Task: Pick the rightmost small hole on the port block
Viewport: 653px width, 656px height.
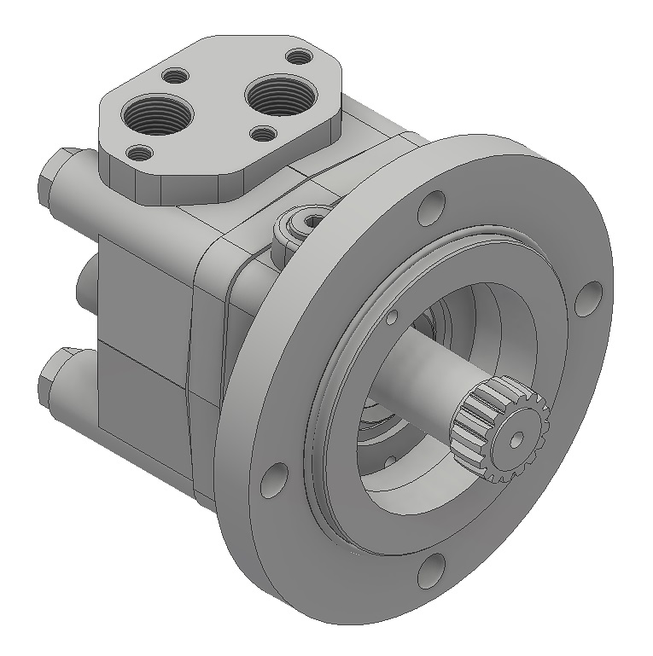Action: coord(299,57)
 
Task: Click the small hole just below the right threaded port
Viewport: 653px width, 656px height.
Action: coord(265,134)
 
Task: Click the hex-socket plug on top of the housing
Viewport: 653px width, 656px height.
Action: coord(300,225)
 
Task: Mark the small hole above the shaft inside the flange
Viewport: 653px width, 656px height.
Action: coord(392,317)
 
